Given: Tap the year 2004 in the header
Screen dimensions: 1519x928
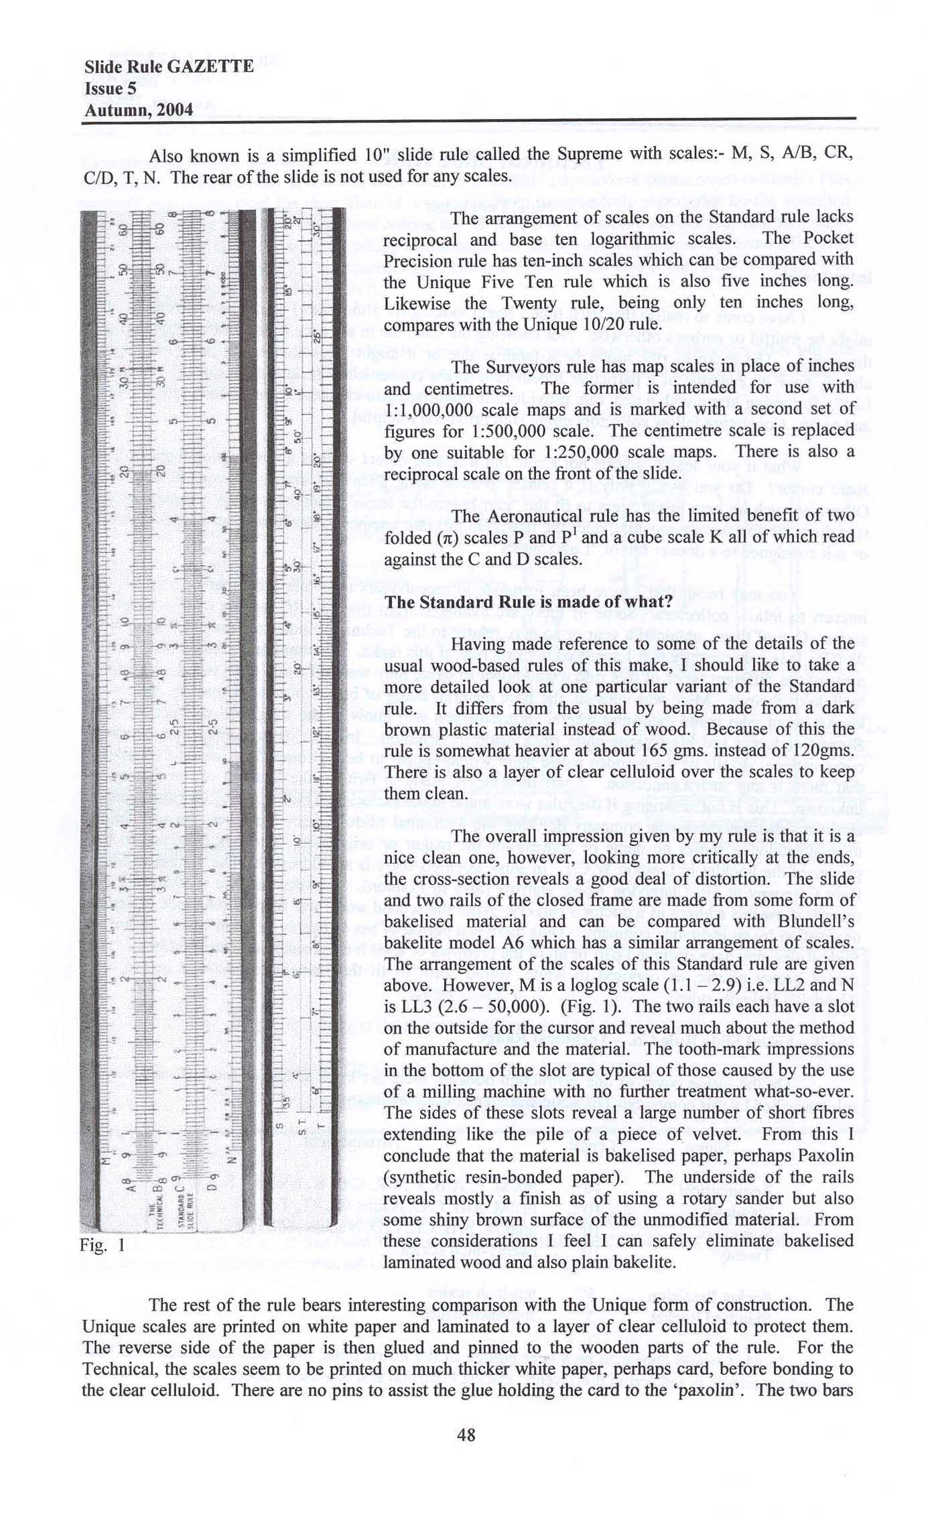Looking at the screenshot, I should pyautogui.click(x=173, y=109).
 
